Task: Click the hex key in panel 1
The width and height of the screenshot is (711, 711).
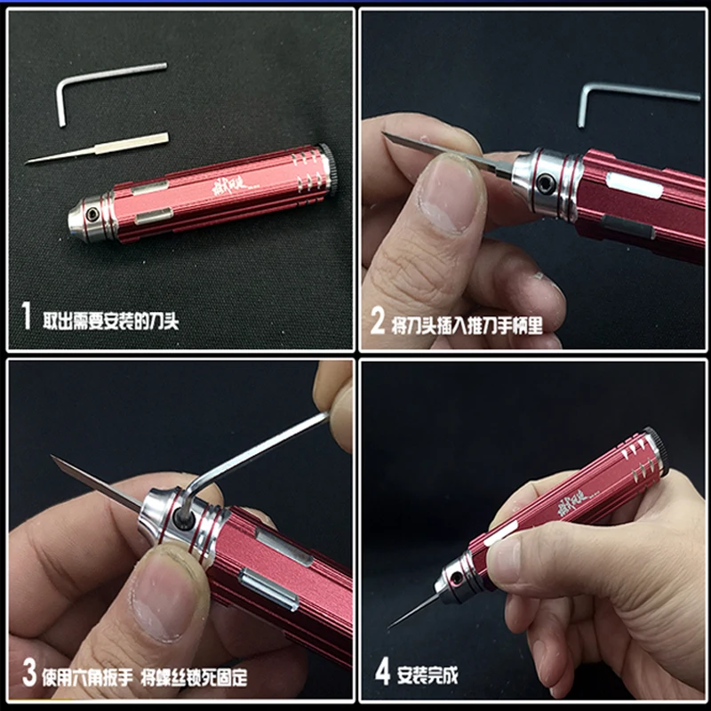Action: point(64,95)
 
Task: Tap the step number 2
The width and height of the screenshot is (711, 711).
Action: point(378,319)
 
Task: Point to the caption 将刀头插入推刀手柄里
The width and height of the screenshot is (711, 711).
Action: point(467,321)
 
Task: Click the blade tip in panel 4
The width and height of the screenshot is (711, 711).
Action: point(392,626)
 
